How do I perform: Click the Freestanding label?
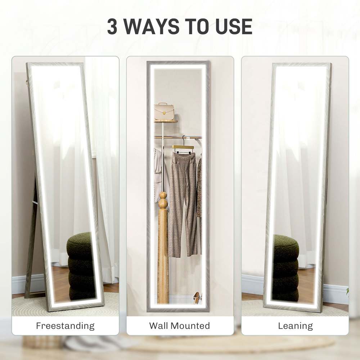(x=65, y=326)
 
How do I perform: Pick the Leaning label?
(x=295, y=326)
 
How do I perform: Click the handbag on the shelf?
(x=164, y=111)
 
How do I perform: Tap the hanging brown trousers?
(x=183, y=202)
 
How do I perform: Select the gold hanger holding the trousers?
(x=183, y=147)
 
